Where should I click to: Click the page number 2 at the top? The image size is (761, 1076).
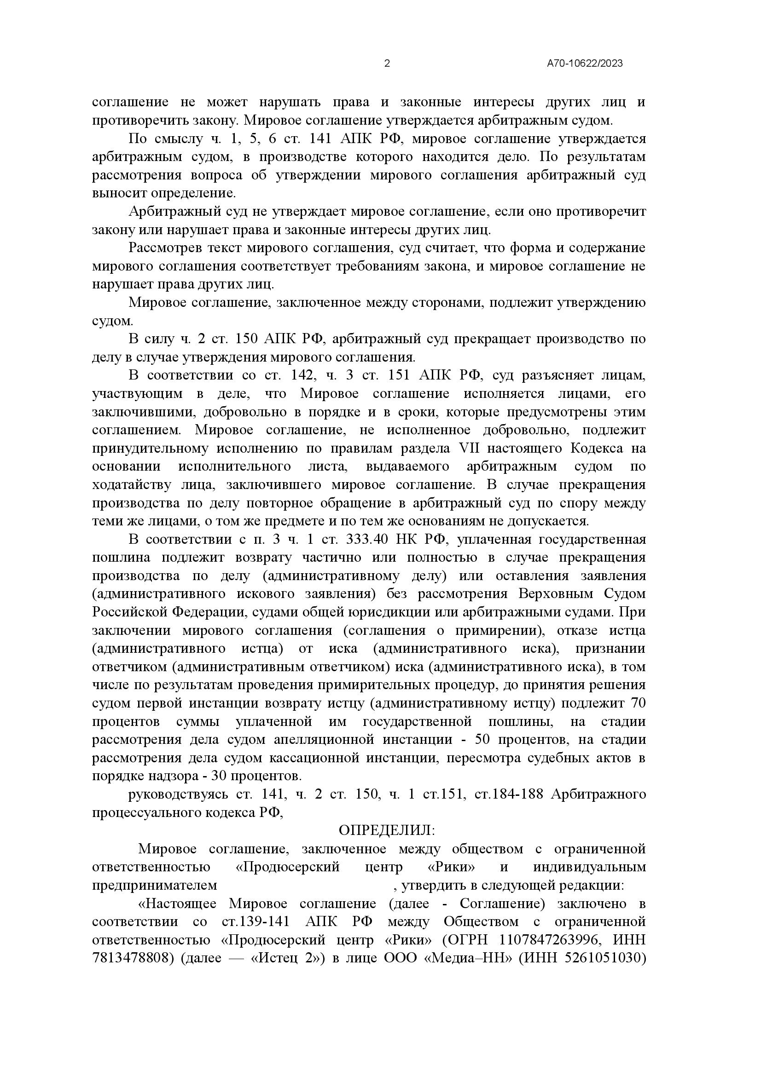[x=387, y=64]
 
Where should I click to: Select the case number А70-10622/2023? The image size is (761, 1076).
[x=585, y=64]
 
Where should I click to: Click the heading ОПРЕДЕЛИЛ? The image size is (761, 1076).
[x=387, y=830]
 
